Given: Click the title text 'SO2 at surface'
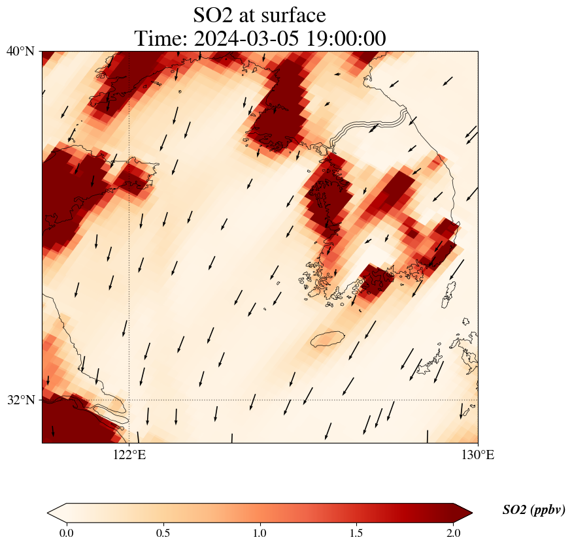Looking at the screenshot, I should (x=260, y=14).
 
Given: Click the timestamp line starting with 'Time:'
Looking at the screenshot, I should (x=260, y=39).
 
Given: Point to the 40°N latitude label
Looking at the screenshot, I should (x=20, y=51).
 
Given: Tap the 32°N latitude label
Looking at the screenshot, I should (x=20, y=400).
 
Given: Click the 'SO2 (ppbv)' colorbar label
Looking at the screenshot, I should (x=533, y=510).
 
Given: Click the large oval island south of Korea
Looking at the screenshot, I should (x=328, y=339).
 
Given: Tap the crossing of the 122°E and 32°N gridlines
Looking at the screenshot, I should (x=129, y=400).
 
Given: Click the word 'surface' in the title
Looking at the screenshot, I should (x=291, y=14).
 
